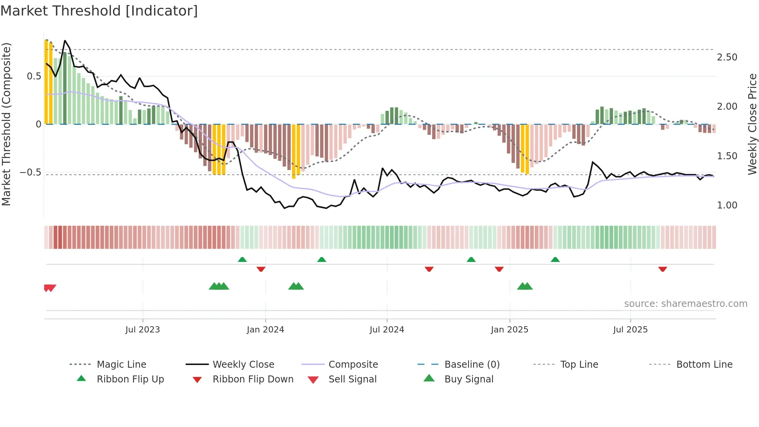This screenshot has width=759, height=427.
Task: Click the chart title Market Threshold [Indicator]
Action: tap(99, 11)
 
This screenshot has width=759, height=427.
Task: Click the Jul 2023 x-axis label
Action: tap(143, 330)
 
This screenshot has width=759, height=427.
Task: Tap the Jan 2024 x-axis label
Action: tap(265, 330)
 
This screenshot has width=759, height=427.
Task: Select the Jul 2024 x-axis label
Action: tap(386, 330)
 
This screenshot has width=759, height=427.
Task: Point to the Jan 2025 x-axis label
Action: tap(509, 330)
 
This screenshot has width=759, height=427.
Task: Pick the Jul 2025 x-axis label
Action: tap(630, 330)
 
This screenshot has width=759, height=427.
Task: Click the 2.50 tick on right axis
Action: tap(727, 57)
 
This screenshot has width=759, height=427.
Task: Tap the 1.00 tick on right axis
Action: tap(727, 205)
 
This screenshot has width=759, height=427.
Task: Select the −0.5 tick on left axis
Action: tap(31, 172)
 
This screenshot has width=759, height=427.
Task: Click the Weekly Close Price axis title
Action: tap(752, 124)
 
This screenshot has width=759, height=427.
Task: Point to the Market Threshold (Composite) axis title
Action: tap(6, 124)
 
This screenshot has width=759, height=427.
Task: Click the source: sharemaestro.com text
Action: tap(685, 304)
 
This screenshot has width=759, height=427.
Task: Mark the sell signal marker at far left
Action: tap(50, 288)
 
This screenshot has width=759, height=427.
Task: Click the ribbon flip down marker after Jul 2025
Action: tap(663, 269)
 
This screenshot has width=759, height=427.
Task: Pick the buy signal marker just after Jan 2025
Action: tap(525, 286)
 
